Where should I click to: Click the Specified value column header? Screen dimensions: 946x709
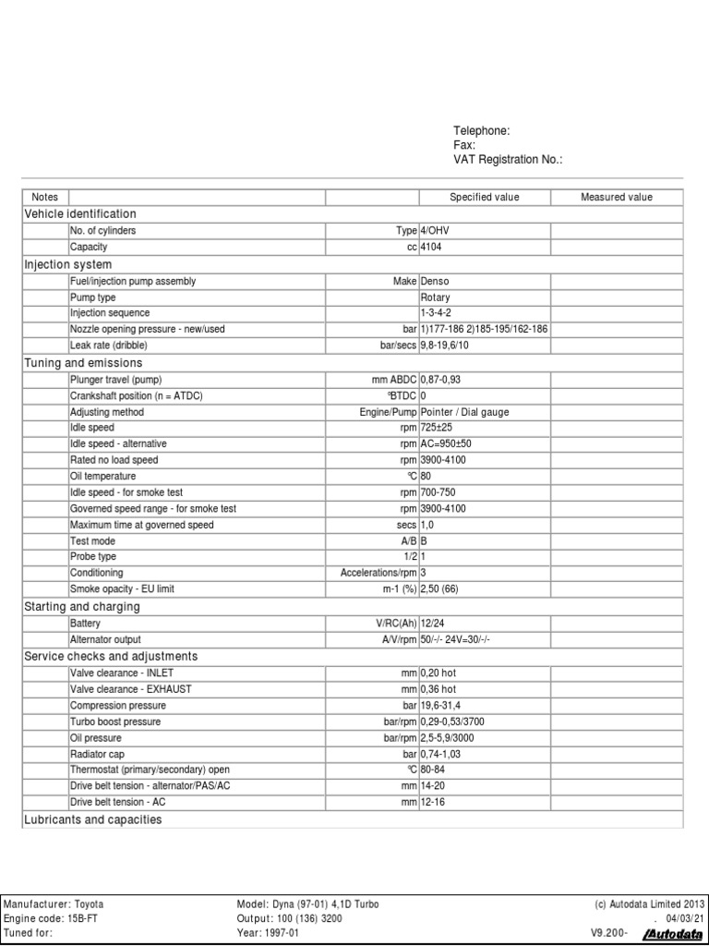pos(484,197)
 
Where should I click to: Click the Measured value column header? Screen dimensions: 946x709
pos(616,197)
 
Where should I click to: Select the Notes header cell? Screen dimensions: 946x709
pos(44,197)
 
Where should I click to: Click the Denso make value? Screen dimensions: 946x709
pos(436,281)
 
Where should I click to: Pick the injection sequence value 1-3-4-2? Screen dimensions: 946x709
pos(437,313)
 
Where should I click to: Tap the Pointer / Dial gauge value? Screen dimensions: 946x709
pos(464,411)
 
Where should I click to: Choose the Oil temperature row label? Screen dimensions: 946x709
pos(102,476)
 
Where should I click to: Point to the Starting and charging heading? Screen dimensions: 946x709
pos(81,607)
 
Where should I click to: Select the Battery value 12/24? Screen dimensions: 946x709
pos(433,624)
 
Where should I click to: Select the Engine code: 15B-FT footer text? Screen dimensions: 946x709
pos(47,918)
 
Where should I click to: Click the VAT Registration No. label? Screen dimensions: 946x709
pos(508,160)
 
